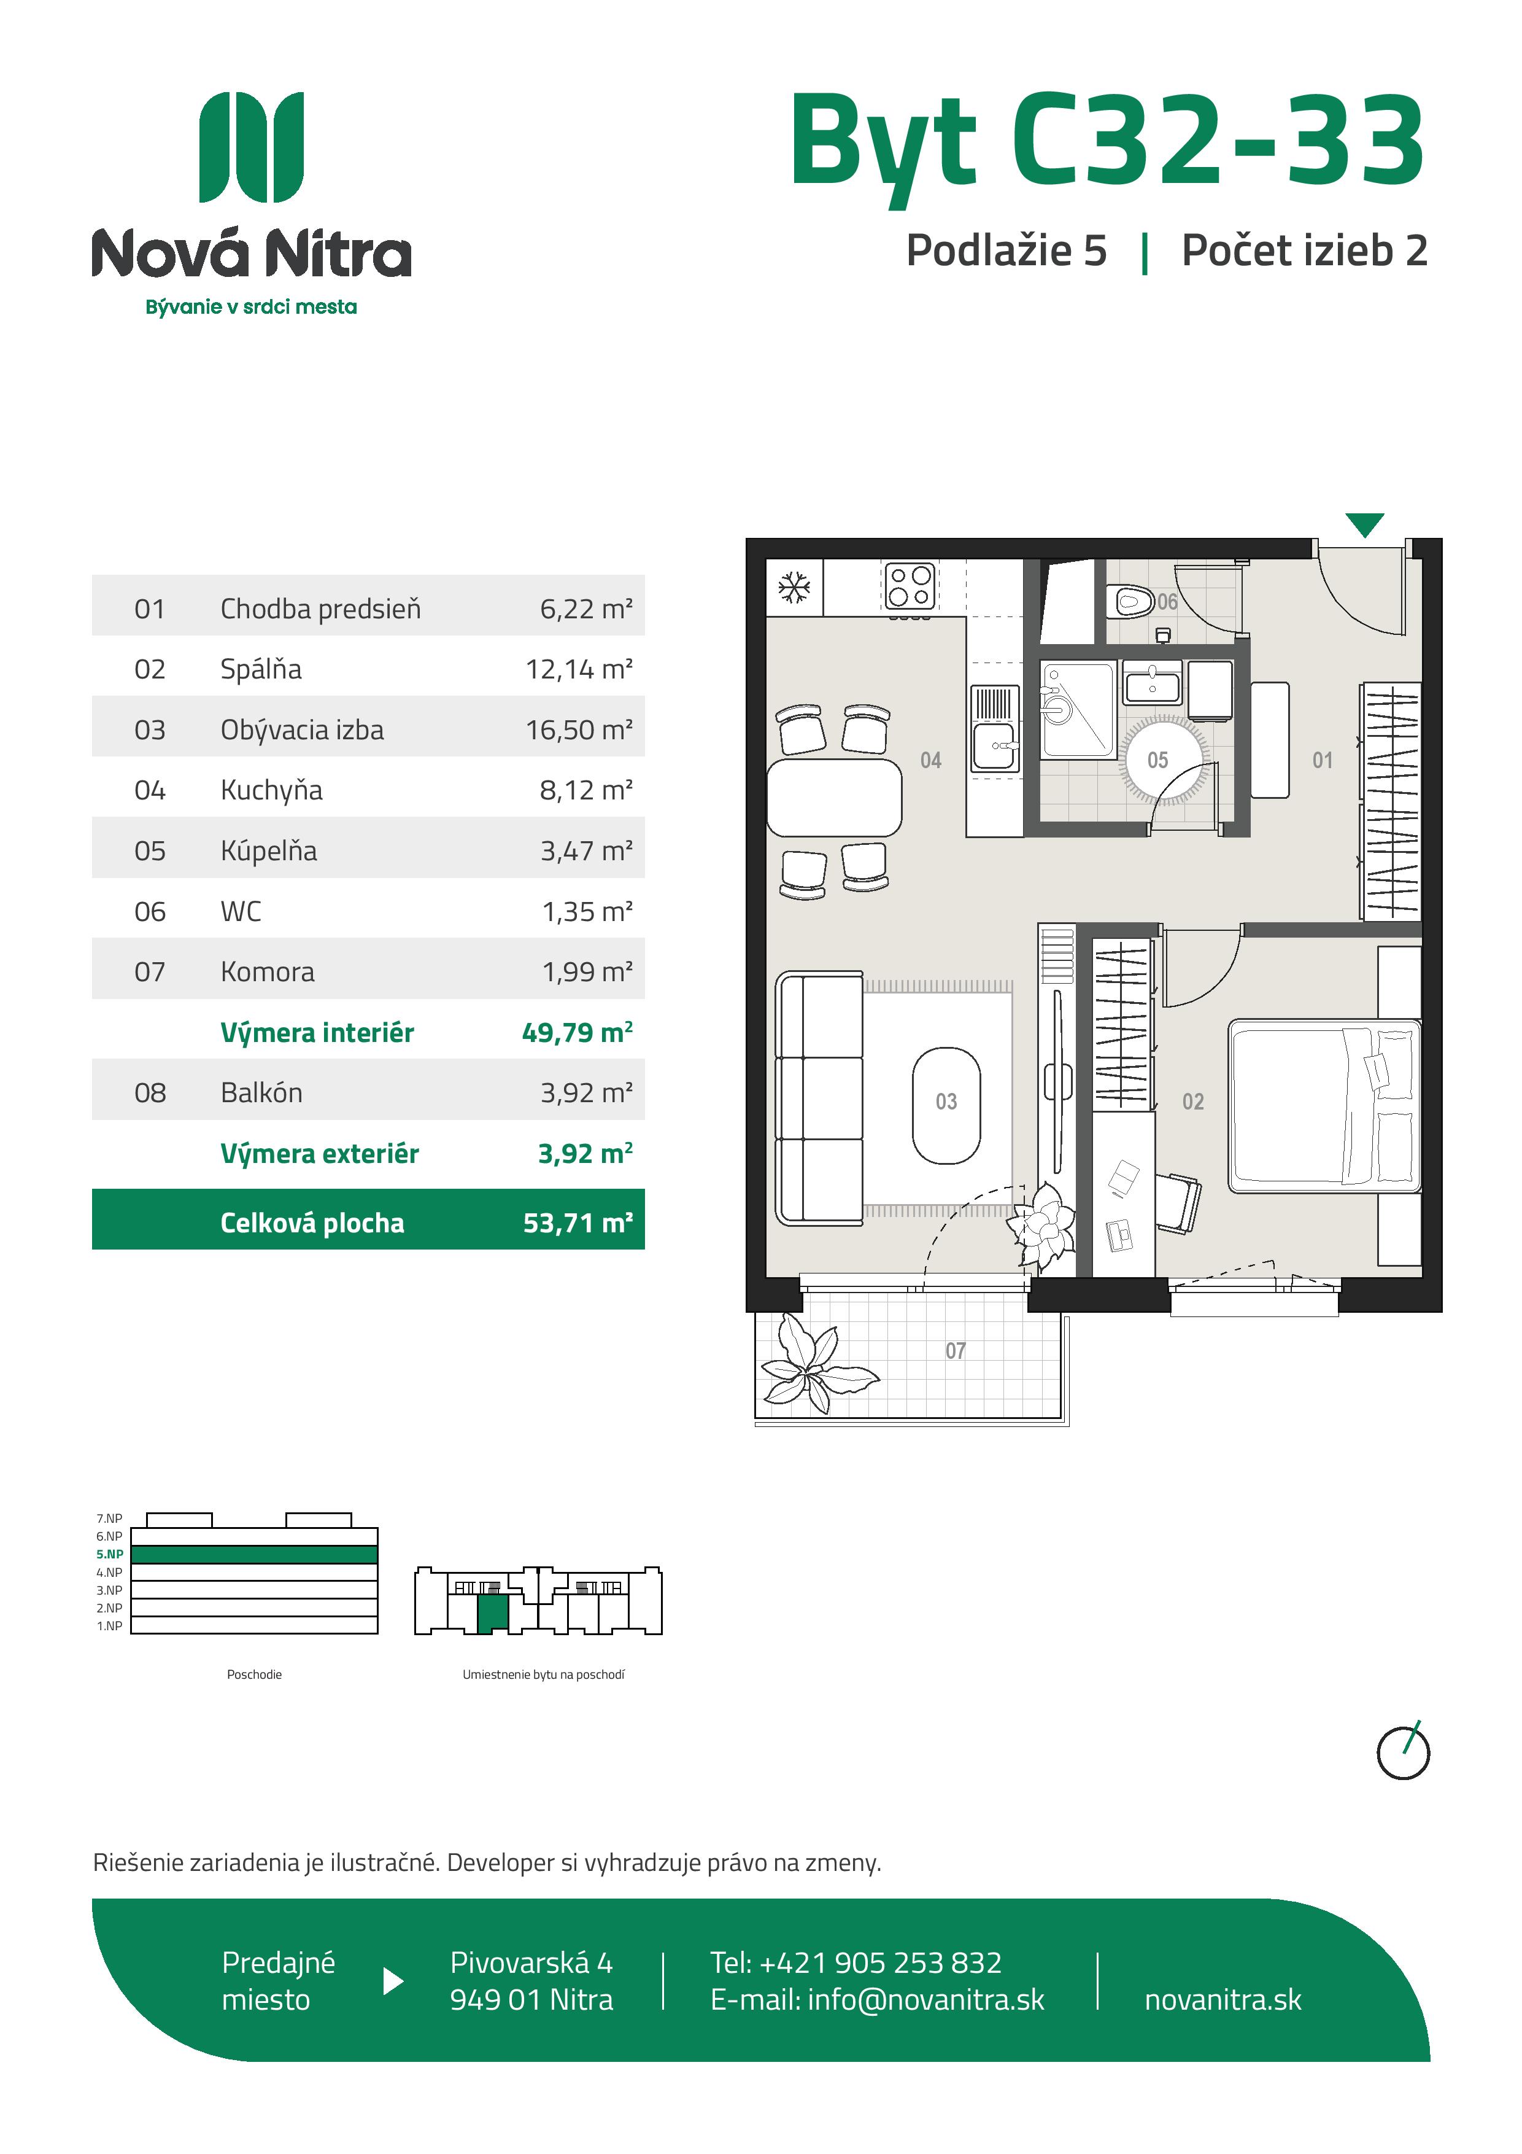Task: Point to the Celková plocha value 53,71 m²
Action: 578,1223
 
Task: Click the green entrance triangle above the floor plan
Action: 1364,524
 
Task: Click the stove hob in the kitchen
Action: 910,586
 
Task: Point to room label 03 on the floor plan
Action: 946,1102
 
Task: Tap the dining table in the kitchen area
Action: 833,798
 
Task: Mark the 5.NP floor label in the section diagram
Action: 110,1553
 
